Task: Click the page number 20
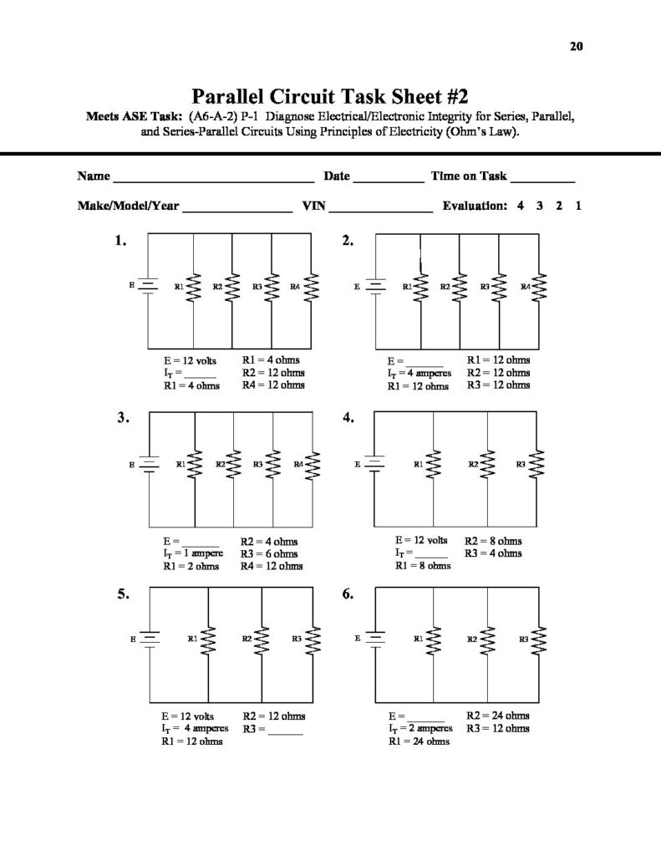tap(576, 47)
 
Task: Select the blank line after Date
tap(389, 178)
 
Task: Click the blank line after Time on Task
tap(542, 178)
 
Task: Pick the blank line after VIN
tap(382, 207)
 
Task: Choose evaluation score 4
tap(520, 206)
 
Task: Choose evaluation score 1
tap(578, 206)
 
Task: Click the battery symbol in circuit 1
tap(148, 287)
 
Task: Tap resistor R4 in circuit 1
tap(313, 288)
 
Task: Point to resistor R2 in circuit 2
tap(460, 288)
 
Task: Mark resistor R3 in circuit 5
tap(313, 639)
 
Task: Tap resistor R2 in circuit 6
tap(487, 639)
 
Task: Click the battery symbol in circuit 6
tap(375, 639)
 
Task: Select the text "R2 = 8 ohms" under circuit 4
tap(493, 541)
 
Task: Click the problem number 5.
tap(123, 595)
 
